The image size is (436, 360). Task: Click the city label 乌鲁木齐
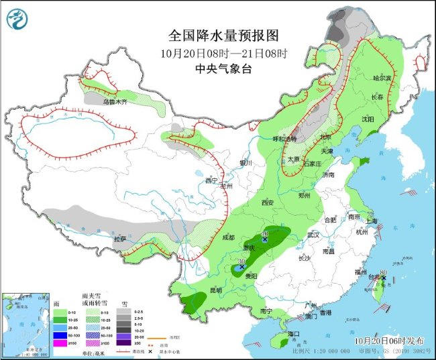pos(115,102)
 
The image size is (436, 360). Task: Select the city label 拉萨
pos(120,239)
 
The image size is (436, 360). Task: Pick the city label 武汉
pos(313,235)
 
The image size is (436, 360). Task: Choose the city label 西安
pos(269,202)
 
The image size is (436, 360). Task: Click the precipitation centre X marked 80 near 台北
pos(384,278)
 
